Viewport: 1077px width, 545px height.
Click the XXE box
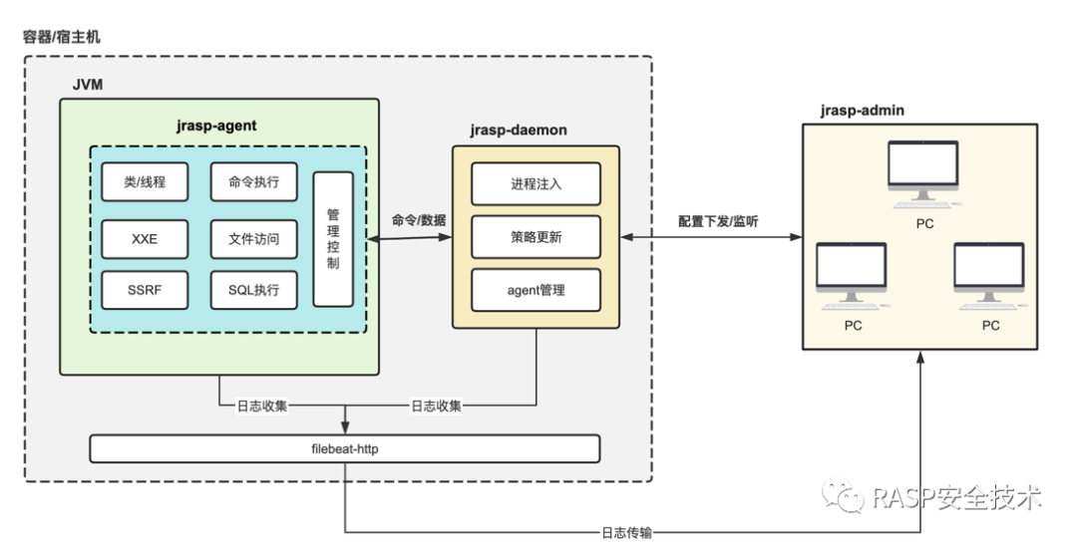click(145, 239)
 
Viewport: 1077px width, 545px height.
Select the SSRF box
click(145, 290)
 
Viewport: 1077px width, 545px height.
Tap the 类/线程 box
click(145, 182)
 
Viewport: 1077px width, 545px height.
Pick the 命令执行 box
click(254, 182)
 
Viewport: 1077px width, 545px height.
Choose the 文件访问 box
click(254, 239)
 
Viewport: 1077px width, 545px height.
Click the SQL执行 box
click(254, 290)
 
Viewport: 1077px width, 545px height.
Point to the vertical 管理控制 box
click(333, 239)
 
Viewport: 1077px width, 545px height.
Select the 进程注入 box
click(536, 184)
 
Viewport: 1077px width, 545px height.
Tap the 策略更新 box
click(536, 237)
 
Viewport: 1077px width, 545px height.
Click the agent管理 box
click(536, 290)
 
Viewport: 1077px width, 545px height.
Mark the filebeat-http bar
click(345, 449)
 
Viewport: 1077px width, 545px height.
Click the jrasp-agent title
click(216, 126)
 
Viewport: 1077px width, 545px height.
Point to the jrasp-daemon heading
click(519, 131)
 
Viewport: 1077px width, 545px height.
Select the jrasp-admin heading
click(862, 111)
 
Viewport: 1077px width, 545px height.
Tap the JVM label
click(88, 85)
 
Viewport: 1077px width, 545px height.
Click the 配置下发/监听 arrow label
click(718, 221)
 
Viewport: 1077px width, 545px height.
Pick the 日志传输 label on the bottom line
click(626, 533)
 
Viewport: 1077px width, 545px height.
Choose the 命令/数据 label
click(419, 220)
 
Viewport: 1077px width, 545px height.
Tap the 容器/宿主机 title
click(62, 37)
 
